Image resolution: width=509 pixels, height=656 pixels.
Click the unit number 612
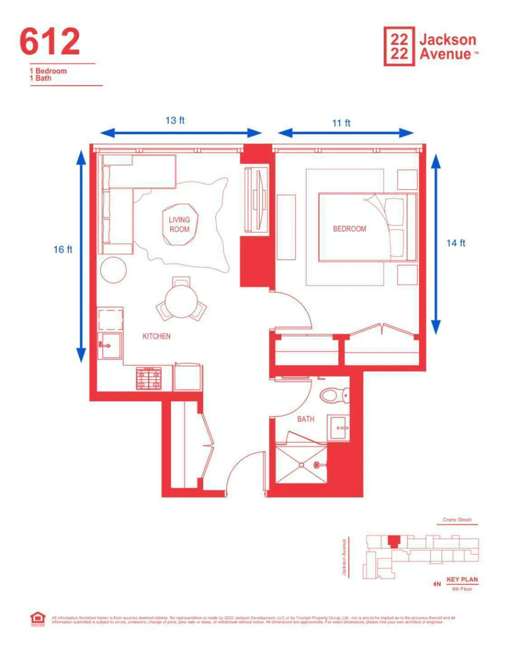pyautogui.click(x=50, y=42)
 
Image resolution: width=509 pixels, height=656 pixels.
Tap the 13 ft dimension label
pyautogui.click(x=175, y=120)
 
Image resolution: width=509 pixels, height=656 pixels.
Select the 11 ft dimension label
pyautogui.click(x=341, y=123)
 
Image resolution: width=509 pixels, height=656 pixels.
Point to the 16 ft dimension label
pyautogui.click(x=63, y=249)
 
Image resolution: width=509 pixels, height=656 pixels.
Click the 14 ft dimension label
pyautogui.click(x=456, y=243)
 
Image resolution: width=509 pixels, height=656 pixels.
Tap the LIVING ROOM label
pyautogui.click(x=180, y=225)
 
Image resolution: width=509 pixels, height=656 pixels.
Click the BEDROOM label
pyautogui.click(x=349, y=229)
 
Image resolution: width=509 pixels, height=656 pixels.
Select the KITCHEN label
pyautogui.click(x=157, y=336)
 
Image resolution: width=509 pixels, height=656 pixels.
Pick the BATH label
pyautogui.click(x=305, y=419)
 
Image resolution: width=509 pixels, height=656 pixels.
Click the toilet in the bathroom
pyautogui.click(x=334, y=395)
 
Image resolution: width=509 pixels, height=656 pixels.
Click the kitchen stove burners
pyautogui.click(x=149, y=378)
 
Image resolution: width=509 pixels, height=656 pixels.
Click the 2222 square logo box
pyautogui.click(x=399, y=46)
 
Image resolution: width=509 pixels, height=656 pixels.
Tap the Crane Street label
pyautogui.click(x=457, y=520)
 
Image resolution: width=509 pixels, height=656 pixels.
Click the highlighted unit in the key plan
pyautogui.click(x=394, y=541)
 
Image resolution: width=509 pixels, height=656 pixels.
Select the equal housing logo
pyautogui.click(x=38, y=619)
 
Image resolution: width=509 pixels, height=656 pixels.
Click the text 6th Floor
pyautogui.click(x=462, y=589)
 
